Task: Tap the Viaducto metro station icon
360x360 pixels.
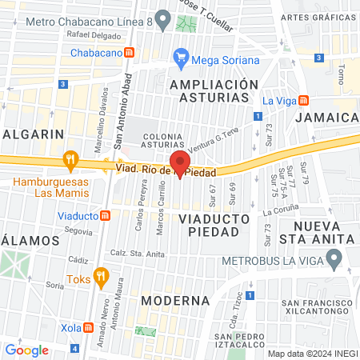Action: click(106, 215)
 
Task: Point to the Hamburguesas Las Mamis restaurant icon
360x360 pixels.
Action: click(71, 160)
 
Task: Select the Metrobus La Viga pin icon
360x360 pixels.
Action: click(335, 258)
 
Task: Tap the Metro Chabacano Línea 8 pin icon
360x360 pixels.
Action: click(163, 17)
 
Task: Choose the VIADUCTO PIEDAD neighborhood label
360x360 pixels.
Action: click(210, 225)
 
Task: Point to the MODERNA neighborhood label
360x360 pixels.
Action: click(174, 301)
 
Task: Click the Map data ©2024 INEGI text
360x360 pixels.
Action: click(312, 354)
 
